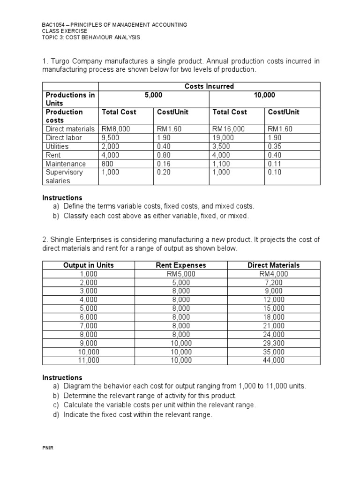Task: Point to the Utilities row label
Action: coord(57,146)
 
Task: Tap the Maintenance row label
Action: coord(66,164)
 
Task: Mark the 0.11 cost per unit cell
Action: coord(274,164)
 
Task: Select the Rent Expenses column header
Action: coord(180,265)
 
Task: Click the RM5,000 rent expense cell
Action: coord(180,274)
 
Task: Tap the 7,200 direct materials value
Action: coord(274,283)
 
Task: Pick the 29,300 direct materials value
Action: coord(274,343)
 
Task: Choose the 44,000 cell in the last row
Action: coord(274,360)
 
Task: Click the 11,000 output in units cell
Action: coord(89,360)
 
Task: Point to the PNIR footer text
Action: coord(48,448)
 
